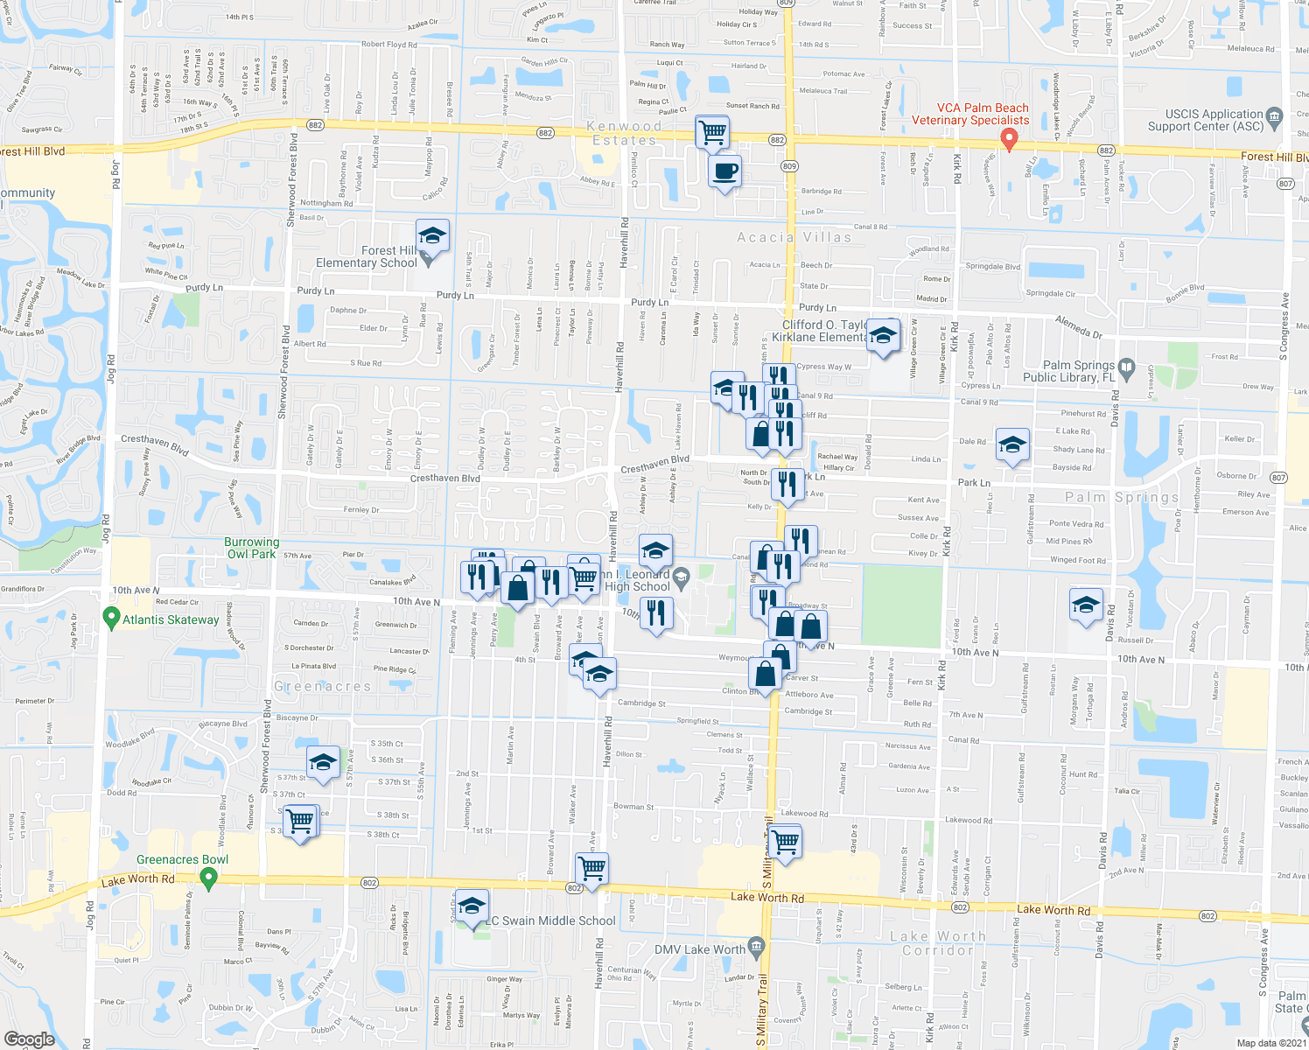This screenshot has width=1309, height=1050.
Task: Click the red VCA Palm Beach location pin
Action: coord(1008,138)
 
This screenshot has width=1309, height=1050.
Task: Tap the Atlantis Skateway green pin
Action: coord(110,619)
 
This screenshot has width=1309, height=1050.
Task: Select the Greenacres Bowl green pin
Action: coord(208,878)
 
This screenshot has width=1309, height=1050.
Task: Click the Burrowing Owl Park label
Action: coord(252,548)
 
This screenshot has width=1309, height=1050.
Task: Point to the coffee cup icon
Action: coord(724,171)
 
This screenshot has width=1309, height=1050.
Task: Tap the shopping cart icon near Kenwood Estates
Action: coord(712,133)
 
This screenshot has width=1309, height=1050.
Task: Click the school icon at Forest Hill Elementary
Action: coord(432,236)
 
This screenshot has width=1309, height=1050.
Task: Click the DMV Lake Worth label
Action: coord(700,949)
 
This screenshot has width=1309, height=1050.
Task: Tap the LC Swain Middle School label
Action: coord(551,920)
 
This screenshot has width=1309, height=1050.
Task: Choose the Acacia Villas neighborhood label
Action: coord(794,237)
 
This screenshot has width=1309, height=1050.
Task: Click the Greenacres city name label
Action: coord(323,686)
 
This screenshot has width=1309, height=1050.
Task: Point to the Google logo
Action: coord(30,1039)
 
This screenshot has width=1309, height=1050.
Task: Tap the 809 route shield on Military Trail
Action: coord(790,165)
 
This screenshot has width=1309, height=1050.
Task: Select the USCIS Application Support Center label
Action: coord(1214,120)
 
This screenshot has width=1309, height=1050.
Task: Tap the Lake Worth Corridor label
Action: coord(937,943)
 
